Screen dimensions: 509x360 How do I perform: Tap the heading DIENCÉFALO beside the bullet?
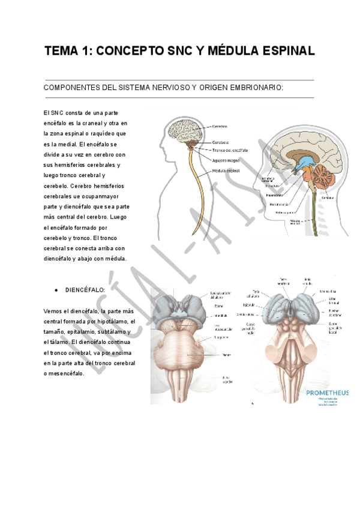coord(85,289)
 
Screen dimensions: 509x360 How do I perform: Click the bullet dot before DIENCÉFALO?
coord(56,289)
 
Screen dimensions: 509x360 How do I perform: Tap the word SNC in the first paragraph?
coord(57,113)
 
